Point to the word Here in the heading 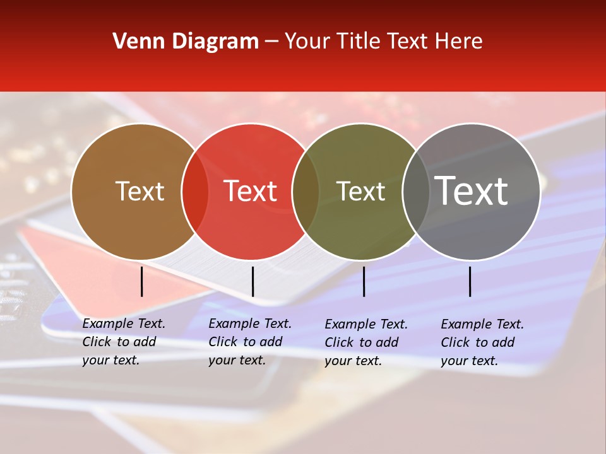[460, 42]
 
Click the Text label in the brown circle [140, 191]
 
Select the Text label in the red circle [250, 191]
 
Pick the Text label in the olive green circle [360, 191]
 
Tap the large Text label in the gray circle [472, 191]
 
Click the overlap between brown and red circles [195, 192]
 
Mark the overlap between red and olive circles [306, 192]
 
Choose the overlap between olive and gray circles [415, 192]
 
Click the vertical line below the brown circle [142, 281]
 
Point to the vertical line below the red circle [252, 281]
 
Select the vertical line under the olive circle [364, 281]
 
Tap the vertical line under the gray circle [470, 281]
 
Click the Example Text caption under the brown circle [124, 342]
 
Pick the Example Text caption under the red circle [250, 342]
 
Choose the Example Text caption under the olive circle [366, 342]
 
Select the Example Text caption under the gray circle [482, 342]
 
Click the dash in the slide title [271, 42]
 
